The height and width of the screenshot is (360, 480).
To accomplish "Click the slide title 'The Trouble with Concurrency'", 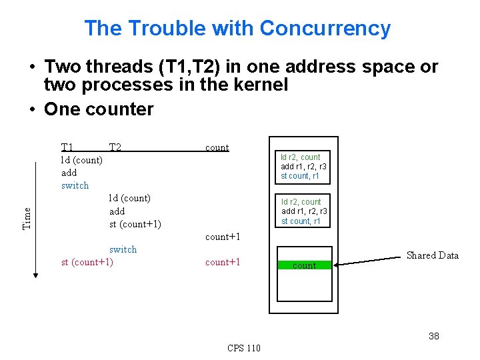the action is coord(237,29).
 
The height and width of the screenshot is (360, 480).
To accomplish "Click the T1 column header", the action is coord(67,147).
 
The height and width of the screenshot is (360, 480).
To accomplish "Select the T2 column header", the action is coord(115,147).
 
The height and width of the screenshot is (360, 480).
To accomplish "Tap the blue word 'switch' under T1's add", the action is coord(75,185).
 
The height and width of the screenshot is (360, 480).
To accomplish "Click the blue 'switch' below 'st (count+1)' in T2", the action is coord(123,249).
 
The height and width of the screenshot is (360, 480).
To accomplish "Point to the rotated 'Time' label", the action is coord(27,217).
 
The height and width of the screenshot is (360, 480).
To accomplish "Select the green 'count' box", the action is coord(304,265).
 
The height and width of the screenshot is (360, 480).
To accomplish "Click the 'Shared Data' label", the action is coord(432,255).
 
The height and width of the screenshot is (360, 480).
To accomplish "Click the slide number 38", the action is coord(433,336).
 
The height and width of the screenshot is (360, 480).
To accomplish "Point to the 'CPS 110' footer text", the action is coord(244,348).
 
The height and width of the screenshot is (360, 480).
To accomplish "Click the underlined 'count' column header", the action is coord(217,147).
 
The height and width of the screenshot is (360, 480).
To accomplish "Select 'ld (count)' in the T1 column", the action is coord(81,160).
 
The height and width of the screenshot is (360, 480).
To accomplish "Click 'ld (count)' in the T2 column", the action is coord(129,198).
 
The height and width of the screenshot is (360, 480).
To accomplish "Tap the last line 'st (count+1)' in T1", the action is coord(87,262).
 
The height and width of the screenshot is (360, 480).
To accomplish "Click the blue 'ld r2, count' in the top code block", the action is coord(300,157).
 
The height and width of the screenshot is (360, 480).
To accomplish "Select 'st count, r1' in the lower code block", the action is coord(301,221).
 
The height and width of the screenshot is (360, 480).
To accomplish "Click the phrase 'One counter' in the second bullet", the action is coord(99,109).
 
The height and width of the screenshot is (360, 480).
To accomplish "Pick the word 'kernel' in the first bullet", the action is coord(259,85).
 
